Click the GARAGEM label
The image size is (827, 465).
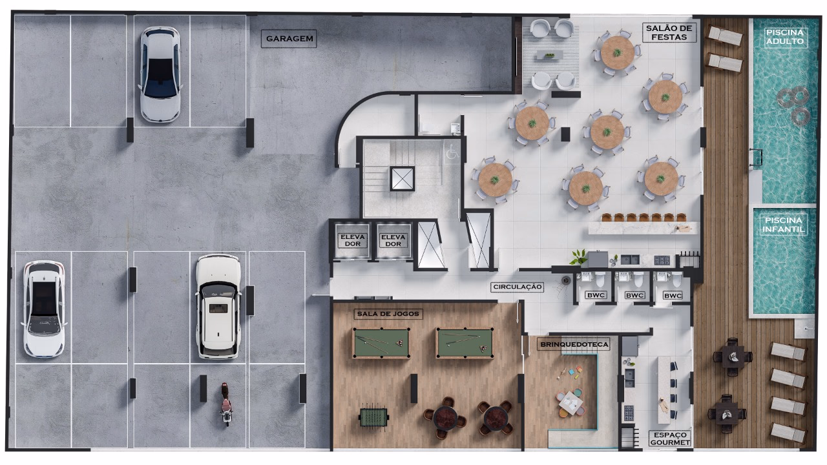point(289,38)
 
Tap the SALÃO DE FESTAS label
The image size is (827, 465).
point(669,32)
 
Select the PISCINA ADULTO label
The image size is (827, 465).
point(784,37)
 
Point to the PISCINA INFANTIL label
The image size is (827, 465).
point(784,225)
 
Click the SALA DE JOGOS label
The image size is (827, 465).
point(388,314)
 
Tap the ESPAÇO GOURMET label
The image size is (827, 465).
point(670,439)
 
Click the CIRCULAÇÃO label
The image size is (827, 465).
point(518,287)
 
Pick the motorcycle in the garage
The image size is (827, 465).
point(226,404)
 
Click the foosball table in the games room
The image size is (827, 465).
point(373,417)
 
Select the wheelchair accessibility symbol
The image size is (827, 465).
point(452,152)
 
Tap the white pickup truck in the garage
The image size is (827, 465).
point(218,307)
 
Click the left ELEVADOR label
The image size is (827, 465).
point(352,240)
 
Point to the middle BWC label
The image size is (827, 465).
point(634,295)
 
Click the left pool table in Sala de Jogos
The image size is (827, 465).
point(381,343)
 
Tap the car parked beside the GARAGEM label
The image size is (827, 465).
point(160,74)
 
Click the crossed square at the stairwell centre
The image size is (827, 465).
point(402,178)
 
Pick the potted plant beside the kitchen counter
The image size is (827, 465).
point(578,257)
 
